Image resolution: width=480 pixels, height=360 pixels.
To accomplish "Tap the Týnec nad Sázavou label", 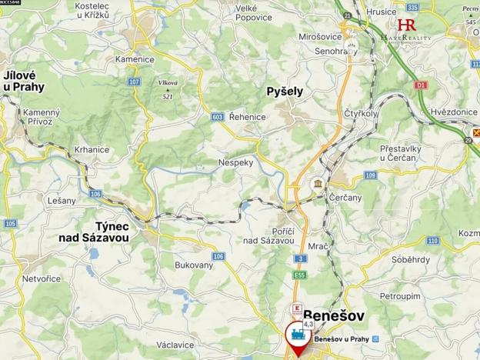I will (95, 232).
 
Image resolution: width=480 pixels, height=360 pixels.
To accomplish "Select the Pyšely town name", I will (285, 91).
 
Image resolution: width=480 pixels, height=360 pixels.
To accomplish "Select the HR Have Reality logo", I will (407, 29).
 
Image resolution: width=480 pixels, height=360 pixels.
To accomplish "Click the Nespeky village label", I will (235, 163).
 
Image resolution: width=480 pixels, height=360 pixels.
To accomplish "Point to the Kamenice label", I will (135, 58).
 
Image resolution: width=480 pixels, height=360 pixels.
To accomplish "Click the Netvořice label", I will (42, 278).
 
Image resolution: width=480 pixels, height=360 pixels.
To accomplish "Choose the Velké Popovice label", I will (254, 12).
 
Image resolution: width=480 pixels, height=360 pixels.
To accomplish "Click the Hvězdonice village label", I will (454, 112).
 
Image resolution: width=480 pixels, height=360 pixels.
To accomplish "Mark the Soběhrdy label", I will (411, 259).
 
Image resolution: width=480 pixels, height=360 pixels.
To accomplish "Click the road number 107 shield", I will (135, 82).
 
